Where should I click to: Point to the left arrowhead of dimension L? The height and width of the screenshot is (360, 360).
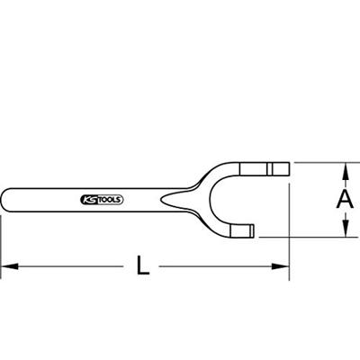click(5, 266)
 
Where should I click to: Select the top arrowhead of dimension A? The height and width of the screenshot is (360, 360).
click(345, 167)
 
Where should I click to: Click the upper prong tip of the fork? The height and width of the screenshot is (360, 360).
click(286, 167)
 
